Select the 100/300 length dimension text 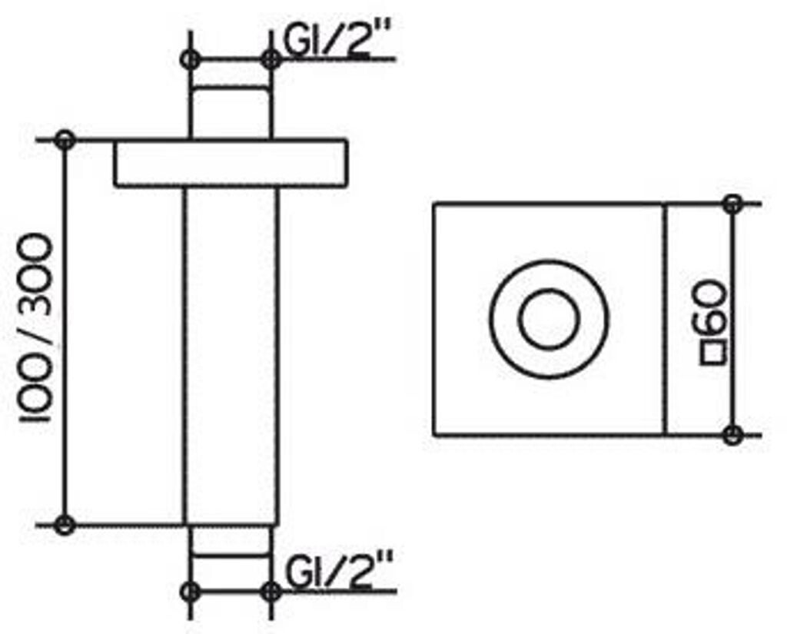pyautogui.click(x=35, y=330)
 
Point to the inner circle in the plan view pyautogui.click(x=548, y=319)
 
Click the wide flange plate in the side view pyautogui.click(x=231, y=163)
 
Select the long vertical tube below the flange pyautogui.click(x=231, y=354)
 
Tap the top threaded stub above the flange pyautogui.click(x=231, y=112)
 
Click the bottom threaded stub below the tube pyautogui.click(x=231, y=542)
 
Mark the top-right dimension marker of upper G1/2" pyautogui.click(x=271, y=59)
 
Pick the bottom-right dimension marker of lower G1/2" pyautogui.click(x=271, y=591)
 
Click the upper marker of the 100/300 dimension pyautogui.click(x=65, y=140)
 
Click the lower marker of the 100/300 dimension pyautogui.click(x=65, y=525)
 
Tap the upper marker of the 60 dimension pyautogui.click(x=732, y=204)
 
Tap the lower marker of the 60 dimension pyautogui.click(x=732, y=434)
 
